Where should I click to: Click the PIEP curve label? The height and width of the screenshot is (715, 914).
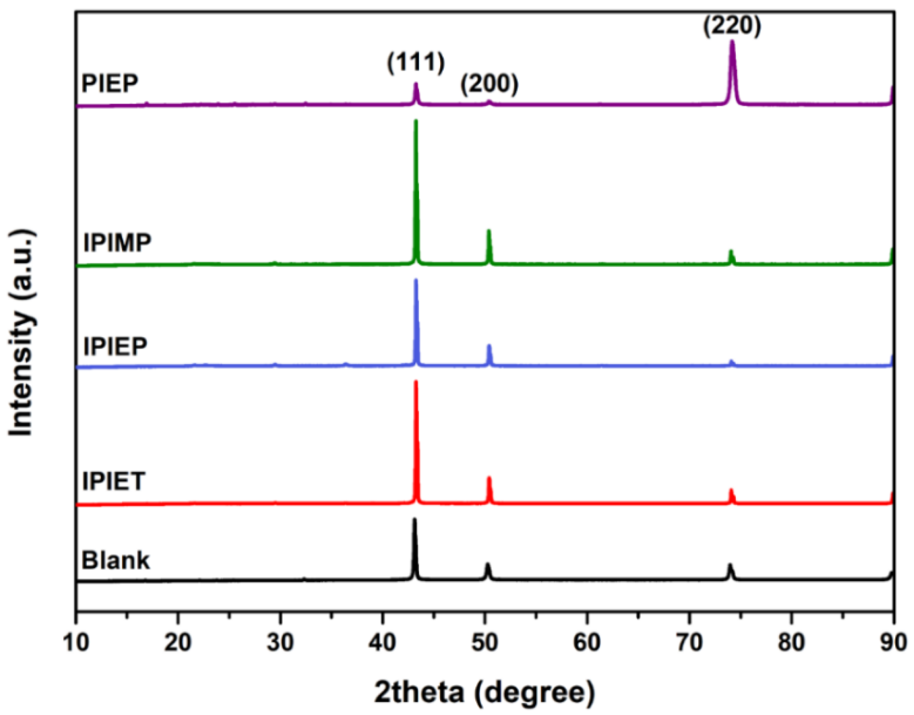click(x=110, y=83)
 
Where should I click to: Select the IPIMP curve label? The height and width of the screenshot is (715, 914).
click(x=117, y=242)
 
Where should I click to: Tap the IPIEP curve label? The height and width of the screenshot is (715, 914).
click(x=115, y=346)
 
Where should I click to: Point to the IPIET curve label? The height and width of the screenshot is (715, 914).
click(x=113, y=481)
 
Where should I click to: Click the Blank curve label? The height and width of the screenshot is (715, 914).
click(x=116, y=560)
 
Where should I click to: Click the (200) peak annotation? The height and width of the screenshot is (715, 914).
click(x=489, y=84)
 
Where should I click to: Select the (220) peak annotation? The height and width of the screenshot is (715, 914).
click(x=732, y=26)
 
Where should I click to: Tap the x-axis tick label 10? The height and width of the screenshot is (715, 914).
click(x=76, y=643)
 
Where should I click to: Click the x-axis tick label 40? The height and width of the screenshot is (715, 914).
click(x=383, y=643)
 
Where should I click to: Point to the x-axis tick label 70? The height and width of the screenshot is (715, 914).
click(x=689, y=643)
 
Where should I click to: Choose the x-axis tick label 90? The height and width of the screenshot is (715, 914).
click(x=893, y=643)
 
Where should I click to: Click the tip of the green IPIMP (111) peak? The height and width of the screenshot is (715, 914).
click(x=416, y=122)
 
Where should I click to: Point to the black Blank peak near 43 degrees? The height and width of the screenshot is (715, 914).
click(x=414, y=521)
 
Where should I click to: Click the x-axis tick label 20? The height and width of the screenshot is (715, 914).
click(x=178, y=643)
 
